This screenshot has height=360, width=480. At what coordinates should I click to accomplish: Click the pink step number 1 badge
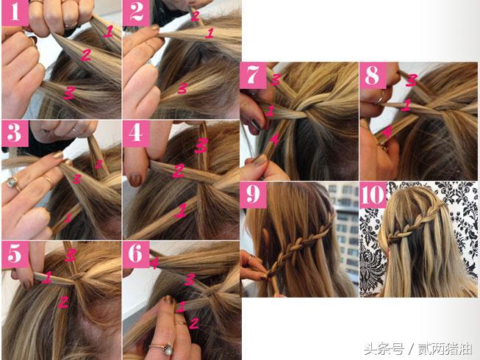(15, 12)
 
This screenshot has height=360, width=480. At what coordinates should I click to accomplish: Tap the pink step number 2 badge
(136, 12)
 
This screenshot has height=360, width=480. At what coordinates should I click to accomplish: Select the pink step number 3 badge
(15, 134)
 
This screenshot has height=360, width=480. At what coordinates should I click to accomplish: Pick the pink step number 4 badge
(136, 134)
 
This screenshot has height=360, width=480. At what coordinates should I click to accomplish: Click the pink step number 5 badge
(15, 254)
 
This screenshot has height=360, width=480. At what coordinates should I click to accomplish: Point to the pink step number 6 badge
(136, 254)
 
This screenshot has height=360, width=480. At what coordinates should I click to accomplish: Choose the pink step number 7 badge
(253, 76)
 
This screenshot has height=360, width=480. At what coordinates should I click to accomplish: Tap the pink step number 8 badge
(373, 76)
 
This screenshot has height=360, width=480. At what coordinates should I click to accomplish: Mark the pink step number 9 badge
(253, 195)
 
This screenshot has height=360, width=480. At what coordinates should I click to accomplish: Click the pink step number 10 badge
(373, 195)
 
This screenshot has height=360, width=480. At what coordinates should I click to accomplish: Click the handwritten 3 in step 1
(69, 93)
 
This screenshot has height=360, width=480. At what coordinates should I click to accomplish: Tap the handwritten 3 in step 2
(182, 88)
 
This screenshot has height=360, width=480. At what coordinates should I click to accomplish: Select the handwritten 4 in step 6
(154, 262)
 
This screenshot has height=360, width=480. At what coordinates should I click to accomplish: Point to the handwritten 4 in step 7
(274, 140)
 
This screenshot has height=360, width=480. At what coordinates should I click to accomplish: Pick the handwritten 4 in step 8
(387, 133)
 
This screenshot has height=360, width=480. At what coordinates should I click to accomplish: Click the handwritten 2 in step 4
(179, 171)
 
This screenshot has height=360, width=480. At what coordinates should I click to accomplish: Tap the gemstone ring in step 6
(167, 348)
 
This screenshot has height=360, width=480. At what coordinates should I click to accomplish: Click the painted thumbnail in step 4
(135, 179)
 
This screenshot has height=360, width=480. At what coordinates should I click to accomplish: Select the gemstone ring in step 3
(11, 183)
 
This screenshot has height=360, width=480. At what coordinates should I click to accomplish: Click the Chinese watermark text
(418, 349)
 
